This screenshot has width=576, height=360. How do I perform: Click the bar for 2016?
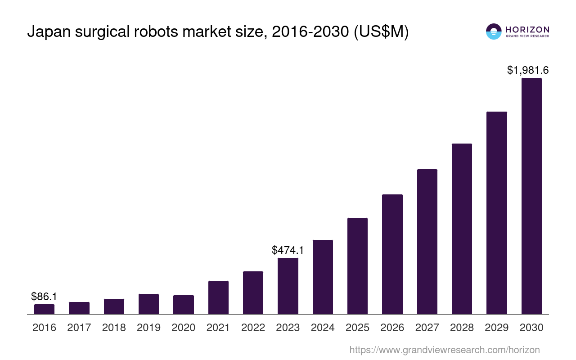44,309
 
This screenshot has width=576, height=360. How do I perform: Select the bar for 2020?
184,305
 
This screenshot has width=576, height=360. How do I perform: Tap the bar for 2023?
288,286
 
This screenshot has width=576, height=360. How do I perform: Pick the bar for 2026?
392,254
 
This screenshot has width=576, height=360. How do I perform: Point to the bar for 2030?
531,196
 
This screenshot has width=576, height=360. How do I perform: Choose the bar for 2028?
462,229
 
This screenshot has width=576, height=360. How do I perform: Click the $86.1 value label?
44,297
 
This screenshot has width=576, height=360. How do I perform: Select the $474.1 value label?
288,250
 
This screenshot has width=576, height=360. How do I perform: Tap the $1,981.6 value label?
528,70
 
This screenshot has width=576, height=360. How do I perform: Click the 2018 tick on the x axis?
114,328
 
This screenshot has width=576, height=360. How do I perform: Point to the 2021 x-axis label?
218,328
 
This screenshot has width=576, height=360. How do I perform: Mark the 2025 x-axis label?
357,328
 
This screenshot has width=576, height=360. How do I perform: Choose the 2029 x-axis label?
496,328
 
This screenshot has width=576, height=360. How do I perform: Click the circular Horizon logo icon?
494,31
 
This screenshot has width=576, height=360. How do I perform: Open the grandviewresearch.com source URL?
445,350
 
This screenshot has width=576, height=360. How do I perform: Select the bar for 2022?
253,292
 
